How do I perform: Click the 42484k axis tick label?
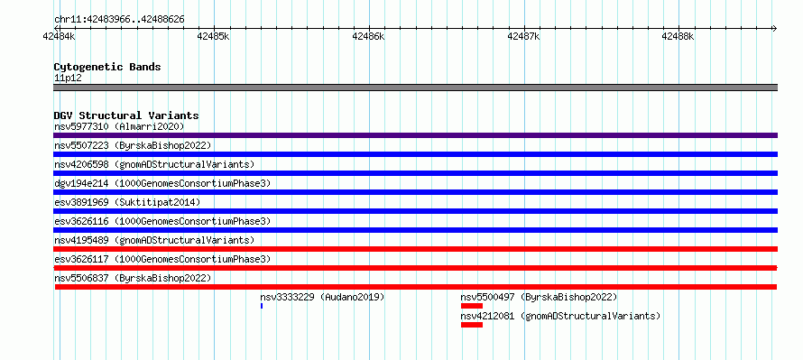pyautogui.click(x=60, y=36)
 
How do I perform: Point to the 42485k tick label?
pyautogui.click(x=213, y=36)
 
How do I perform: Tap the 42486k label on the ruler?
pyautogui.click(x=368, y=36)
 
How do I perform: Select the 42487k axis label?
pyautogui.click(x=523, y=36)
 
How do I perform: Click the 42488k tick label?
pyautogui.click(x=678, y=36)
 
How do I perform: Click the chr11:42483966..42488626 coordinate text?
pyautogui.click(x=119, y=20)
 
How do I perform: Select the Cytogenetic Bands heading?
pyautogui.click(x=107, y=67)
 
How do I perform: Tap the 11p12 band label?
pyautogui.click(x=68, y=78)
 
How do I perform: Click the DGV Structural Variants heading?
pyautogui.click(x=126, y=115)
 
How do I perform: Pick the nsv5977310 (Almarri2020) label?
pyautogui.click(x=119, y=126)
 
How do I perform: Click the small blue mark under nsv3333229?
pyautogui.click(x=262, y=306)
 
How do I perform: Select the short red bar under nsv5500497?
pyautogui.click(x=472, y=306)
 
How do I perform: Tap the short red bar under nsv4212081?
pyautogui.click(x=472, y=325)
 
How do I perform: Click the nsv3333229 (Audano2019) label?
pyautogui.click(x=322, y=297)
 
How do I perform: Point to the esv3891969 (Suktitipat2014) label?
pyautogui.click(x=127, y=202)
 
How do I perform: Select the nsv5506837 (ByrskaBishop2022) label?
pyautogui.click(x=133, y=278)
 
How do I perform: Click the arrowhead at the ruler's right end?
pyautogui.click(x=775, y=28)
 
